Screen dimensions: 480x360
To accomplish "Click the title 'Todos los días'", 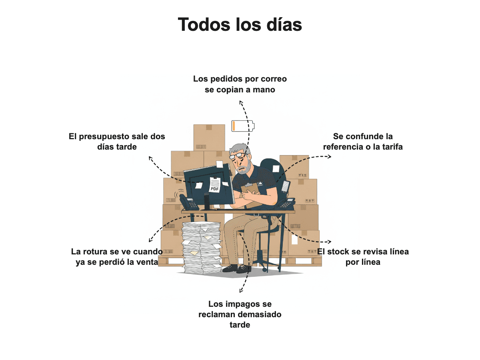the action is click(x=240, y=24).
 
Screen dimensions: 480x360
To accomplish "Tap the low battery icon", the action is click(x=243, y=126).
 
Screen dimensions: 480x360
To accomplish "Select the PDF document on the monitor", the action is click(x=215, y=184).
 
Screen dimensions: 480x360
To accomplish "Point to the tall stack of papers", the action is click(x=202, y=247).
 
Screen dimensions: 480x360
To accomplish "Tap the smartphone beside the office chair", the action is click(x=285, y=187).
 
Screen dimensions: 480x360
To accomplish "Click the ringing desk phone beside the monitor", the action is click(x=188, y=202).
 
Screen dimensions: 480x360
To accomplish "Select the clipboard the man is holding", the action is click(x=252, y=194).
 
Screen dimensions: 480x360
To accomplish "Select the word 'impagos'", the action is click(x=246, y=304).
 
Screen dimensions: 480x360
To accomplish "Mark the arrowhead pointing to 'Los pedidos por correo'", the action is click(x=240, y=102).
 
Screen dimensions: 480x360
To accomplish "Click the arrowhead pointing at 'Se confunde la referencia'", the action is click(x=329, y=156).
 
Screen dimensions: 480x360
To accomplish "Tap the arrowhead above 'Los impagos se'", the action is click(x=240, y=291).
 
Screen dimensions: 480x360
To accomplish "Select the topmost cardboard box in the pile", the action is click(x=209, y=138).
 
